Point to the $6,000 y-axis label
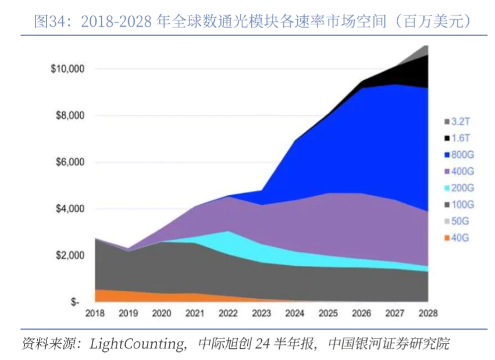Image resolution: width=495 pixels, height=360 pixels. pyautogui.click(x=70, y=162)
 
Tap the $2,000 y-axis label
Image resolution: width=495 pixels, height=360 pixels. pyautogui.click(x=70, y=255)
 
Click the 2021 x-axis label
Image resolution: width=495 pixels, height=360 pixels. pyautogui.click(x=195, y=313)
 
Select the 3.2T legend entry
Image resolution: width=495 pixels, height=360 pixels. pyautogui.click(x=460, y=122)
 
